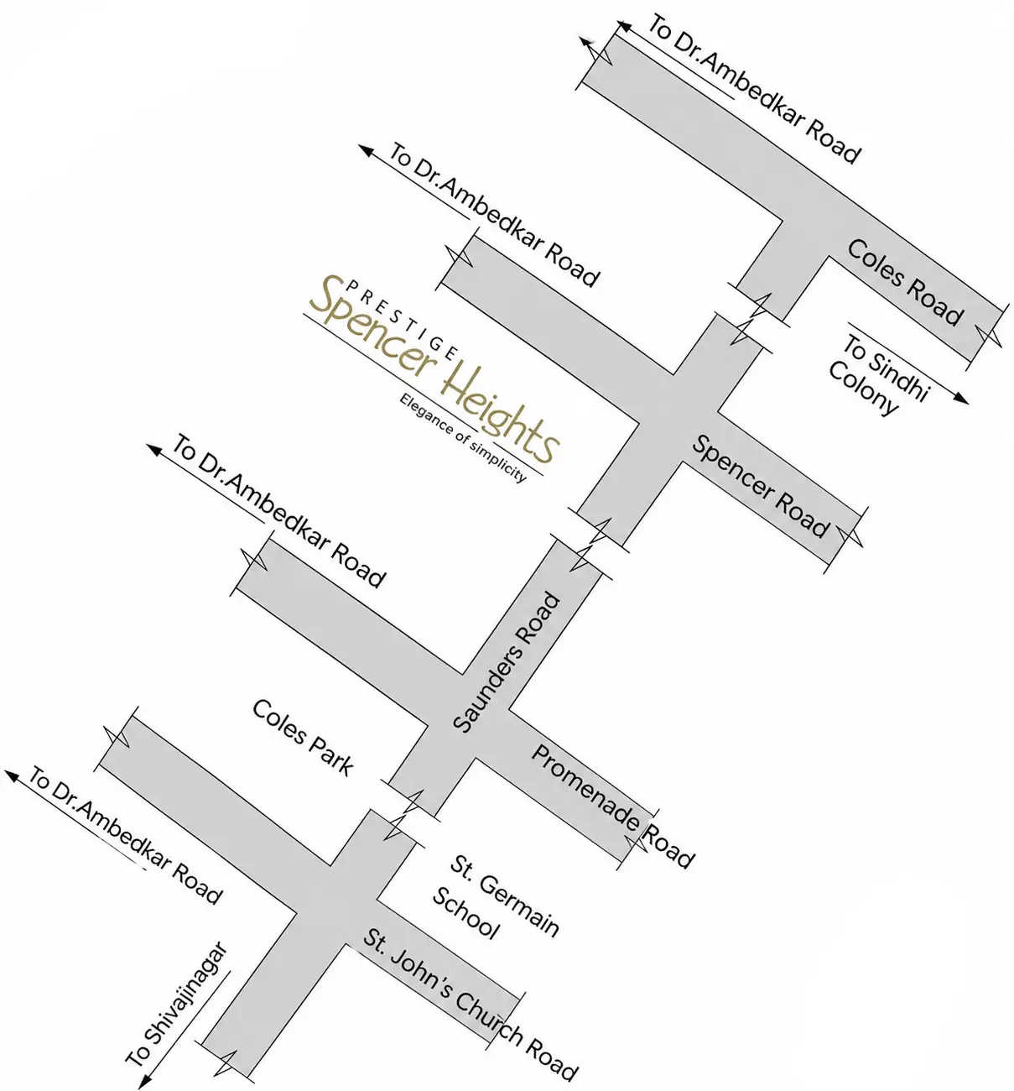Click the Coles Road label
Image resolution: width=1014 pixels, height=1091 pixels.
[x=905, y=282]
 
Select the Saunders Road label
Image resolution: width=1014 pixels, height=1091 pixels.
[x=507, y=662]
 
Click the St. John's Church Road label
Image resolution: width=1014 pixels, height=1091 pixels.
[x=470, y=1004]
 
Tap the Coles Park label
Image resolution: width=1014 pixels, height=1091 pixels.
[x=303, y=737]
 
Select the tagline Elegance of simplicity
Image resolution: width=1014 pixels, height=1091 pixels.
[x=463, y=437]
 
